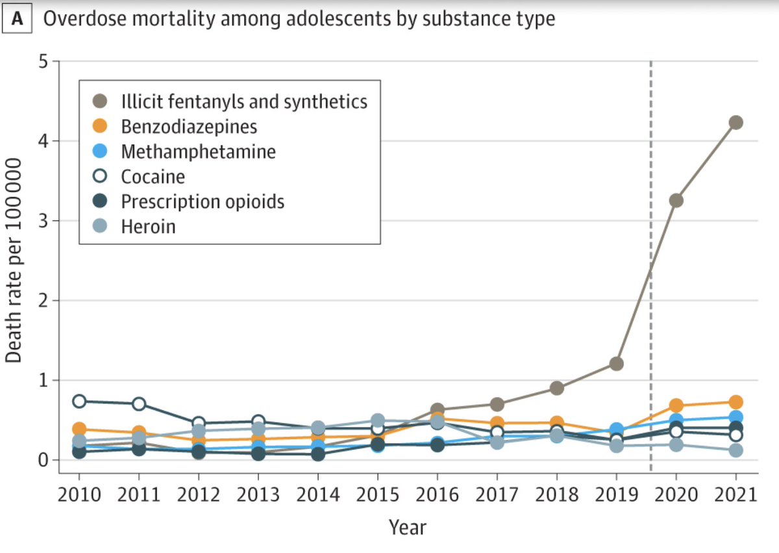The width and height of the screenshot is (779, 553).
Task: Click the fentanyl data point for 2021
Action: pyautogui.click(x=736, y=122)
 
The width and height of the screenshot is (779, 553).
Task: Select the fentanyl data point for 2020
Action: pyautogui.click(x=676, y=200)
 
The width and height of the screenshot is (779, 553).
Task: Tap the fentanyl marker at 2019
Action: pyautogui.click(x=616, y=363)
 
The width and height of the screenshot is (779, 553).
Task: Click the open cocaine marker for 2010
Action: pyautogui.click(x=79, y=401)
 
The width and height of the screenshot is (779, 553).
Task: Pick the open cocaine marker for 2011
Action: pyautogui.click(x=139, y=404)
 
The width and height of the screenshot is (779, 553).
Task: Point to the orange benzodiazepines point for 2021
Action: pyautogui.click(x=736, y=402)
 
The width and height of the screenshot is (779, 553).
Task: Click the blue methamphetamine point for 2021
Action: pyautogui.click(x=736, y=417)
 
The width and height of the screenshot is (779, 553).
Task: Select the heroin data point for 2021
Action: pyautogui.click(x=736, y=450)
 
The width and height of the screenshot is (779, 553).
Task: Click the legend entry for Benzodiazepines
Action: pyautogui.click(x=189, y=126)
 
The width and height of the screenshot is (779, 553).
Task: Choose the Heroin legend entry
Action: pyautogui.click(x=148, y=226)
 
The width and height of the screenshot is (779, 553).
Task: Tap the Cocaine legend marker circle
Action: pyautogui.click(x=100, y=177)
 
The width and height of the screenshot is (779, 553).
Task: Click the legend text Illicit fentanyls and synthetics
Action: pyautogui.click(x=244, y=101)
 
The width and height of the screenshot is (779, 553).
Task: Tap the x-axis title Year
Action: pyautogui.click(x=408, y=527)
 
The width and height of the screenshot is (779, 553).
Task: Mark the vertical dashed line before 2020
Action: pyautogui.click(x=650, y=260)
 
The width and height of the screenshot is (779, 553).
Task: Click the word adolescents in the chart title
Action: pyautogui.click(x=290, y=18)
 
